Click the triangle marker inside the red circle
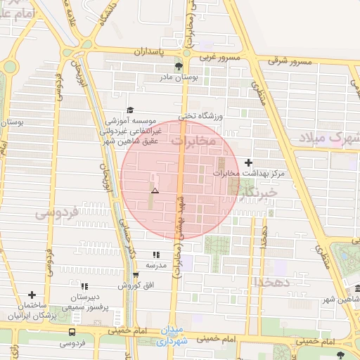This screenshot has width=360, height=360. pos(155,191)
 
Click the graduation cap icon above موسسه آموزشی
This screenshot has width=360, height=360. pos(129,110)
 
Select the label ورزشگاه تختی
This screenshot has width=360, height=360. pos(197,115)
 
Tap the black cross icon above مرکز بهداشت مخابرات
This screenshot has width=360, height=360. pos(247,162)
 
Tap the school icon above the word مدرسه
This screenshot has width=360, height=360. pos(155,255)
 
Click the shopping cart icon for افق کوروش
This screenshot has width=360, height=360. pos(136,275)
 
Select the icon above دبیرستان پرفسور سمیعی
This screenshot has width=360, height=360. pos(84,286)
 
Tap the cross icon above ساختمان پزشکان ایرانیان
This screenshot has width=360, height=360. pos(32,295)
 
